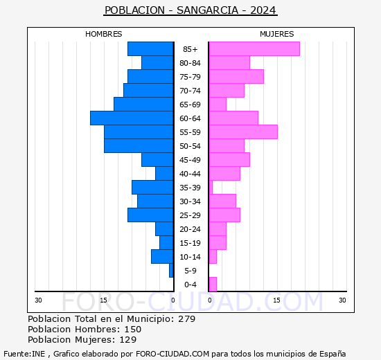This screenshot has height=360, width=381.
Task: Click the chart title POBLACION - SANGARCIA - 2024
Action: tap(190, 10)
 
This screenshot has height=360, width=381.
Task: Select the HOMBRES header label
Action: tap(103, 34)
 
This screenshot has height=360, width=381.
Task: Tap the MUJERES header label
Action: tap(276, 34)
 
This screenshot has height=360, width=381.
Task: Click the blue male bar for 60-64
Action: tap(132, 118)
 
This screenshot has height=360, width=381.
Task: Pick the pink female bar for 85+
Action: tap(254, 49)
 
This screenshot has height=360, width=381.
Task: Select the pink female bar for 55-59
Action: tap(243, 132)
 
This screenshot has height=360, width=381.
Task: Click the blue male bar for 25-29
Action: tap(150, 215)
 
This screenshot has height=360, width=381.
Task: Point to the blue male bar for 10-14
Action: tap(162, 257)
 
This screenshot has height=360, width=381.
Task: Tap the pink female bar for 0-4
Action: tap(213, 285)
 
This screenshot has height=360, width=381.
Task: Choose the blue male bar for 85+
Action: tap(150, 49)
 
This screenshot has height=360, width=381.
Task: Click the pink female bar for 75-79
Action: tap(236, 77)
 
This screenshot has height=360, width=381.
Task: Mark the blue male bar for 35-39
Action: tap(152, 188)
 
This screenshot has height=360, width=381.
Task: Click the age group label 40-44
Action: tap(190, 174)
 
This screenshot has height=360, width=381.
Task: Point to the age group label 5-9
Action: tap(190, 271)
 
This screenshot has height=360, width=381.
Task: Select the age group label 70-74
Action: tap(190, 91)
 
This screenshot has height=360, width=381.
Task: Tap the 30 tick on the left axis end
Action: tap(39, 300)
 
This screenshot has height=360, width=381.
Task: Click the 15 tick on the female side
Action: tap(276, 300)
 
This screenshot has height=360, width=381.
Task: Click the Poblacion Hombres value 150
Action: tap(132, 330)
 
